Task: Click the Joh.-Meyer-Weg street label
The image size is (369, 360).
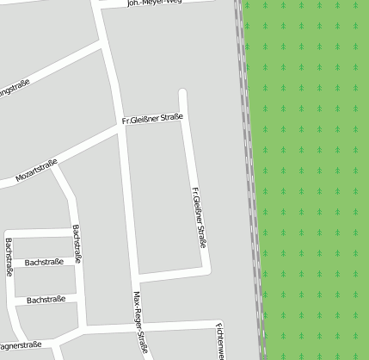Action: [x=155, y=3]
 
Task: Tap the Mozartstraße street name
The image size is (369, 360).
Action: [x=36, y=171]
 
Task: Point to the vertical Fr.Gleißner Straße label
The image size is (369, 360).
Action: [x=198, y=217]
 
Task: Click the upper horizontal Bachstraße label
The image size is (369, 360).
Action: [x=43, y=262]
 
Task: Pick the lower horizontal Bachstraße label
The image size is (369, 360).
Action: [x=46, y=301]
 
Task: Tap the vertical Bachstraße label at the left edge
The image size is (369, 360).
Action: [x=9, y=257]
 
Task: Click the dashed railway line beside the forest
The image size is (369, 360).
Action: [x=249, y=172]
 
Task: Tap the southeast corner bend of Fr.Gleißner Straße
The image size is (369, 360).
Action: [x=206, y=270]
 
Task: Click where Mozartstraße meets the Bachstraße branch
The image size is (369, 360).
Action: [x=53, y=164]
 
